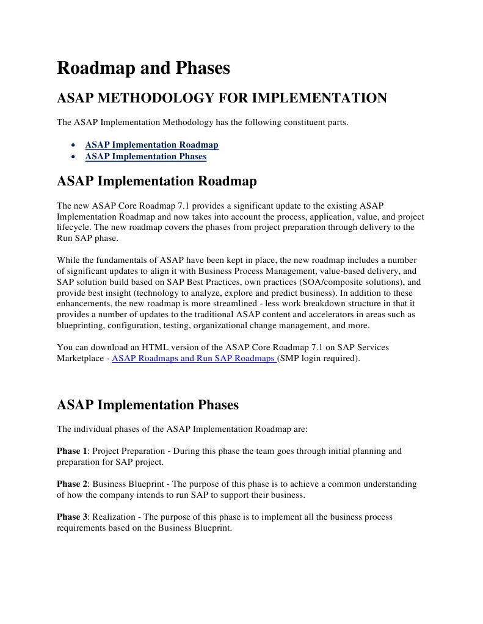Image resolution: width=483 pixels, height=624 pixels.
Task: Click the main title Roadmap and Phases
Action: (x=143, y=68)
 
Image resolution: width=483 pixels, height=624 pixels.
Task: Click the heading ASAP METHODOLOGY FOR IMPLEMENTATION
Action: (x=222, y=98)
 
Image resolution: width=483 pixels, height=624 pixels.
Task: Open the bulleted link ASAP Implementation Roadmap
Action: (x=151, y=145)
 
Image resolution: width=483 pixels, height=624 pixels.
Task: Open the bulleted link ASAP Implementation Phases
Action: (x=145, y=157)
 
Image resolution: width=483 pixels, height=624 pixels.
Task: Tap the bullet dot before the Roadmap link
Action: (x=73, y=146)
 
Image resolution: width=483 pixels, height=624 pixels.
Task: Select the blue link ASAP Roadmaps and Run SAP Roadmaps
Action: (x=194, y=359)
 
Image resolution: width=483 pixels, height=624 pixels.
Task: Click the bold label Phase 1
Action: (x=72, y=451)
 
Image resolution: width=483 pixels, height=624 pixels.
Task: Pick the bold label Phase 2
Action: (x=72, y=484)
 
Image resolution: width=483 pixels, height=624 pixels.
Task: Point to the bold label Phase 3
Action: (x=72, y=517)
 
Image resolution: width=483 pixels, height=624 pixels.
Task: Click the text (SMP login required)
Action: (x=319, y=359)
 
